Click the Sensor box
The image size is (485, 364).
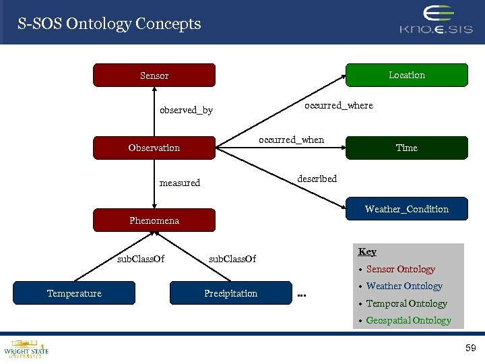(154, 75)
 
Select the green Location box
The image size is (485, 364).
(406, 75)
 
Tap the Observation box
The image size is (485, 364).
(154, 148)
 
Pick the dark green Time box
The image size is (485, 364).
(406, 148)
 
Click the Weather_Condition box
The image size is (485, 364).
(406, 209)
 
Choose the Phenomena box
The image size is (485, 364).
(154, 220)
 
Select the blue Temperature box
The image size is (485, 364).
(74, 293)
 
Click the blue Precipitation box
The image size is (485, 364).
(230, 293)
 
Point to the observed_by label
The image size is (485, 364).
(186, 110)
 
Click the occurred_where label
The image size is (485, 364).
(338, 105)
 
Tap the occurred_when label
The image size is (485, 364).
(291, 140)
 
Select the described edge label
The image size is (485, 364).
(317, 179)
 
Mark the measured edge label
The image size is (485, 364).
(179, 183)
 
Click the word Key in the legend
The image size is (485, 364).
(367, 251)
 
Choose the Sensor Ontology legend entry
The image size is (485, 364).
(400, 269)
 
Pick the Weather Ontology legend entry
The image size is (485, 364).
(404, 286)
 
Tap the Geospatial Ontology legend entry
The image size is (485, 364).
(408, 320)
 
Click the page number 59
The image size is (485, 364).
(470, 348)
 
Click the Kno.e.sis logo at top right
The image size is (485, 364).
(437, 21)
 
